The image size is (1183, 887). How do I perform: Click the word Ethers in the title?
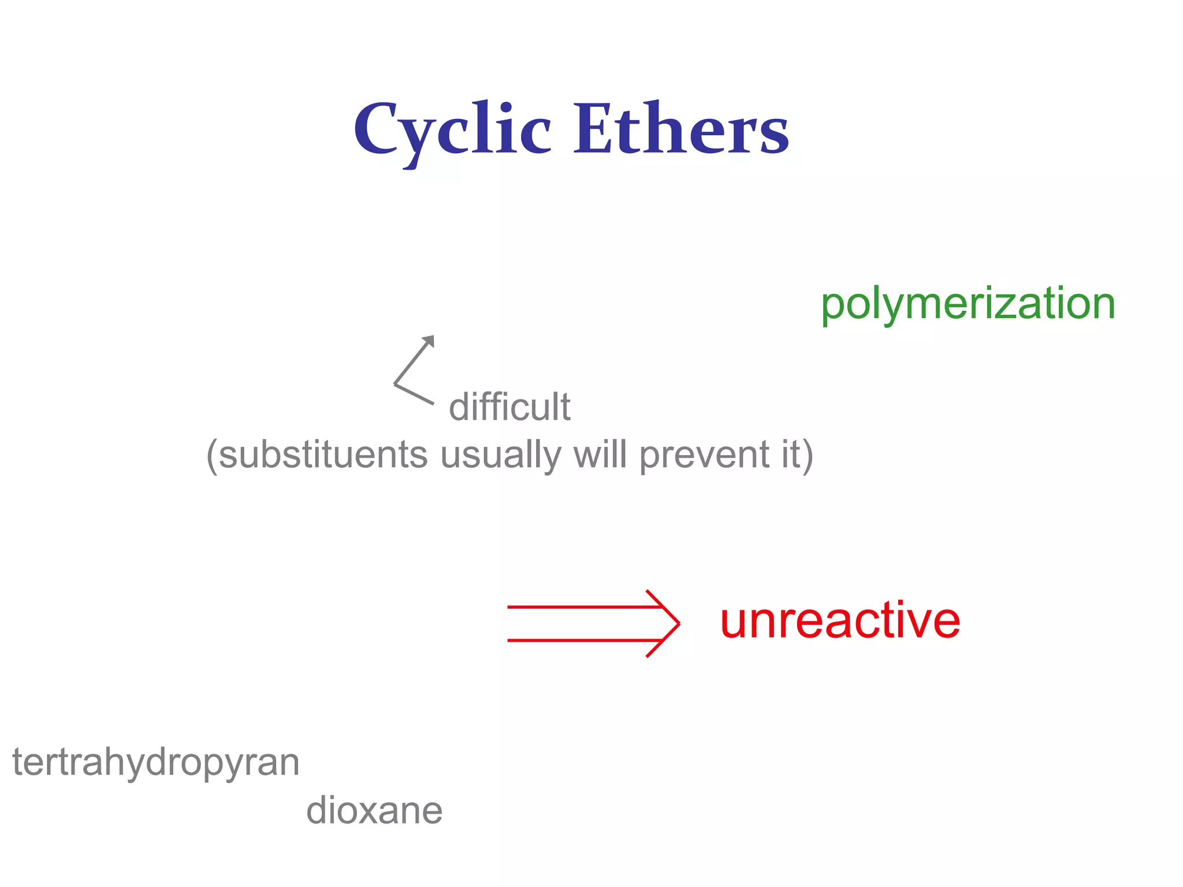681,129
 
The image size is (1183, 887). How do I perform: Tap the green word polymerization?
968,304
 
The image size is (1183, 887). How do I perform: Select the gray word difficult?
509,407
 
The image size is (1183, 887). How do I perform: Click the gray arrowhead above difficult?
429,341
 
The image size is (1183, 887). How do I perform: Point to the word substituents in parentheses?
323,455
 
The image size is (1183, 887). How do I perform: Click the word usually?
500,455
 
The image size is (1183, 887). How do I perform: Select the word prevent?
703,455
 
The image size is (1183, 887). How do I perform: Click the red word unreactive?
840,621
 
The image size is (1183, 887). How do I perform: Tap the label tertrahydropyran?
156,763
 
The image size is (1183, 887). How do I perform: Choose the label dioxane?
374,810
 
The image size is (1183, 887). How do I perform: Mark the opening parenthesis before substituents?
212,456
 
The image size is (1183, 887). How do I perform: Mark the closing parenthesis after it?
808,456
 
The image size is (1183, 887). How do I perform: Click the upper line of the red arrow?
578,607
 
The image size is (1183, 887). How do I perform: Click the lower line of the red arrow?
578,640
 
